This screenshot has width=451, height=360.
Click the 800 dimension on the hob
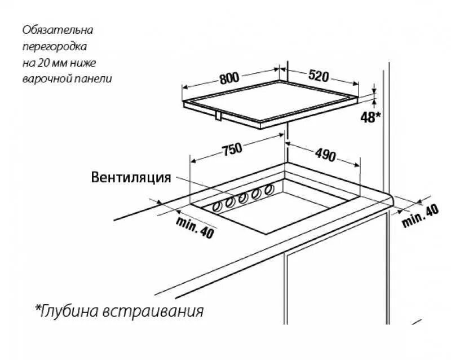229,78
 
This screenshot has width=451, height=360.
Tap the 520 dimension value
319,76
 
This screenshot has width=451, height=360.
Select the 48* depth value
370,117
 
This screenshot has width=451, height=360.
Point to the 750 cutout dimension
232,149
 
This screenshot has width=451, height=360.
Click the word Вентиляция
131,178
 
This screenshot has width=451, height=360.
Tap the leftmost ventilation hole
216,207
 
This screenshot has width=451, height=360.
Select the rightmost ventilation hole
269,188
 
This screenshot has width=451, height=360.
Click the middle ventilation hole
243,197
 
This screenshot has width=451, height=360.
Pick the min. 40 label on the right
420,216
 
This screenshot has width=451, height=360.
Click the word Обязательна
58,29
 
